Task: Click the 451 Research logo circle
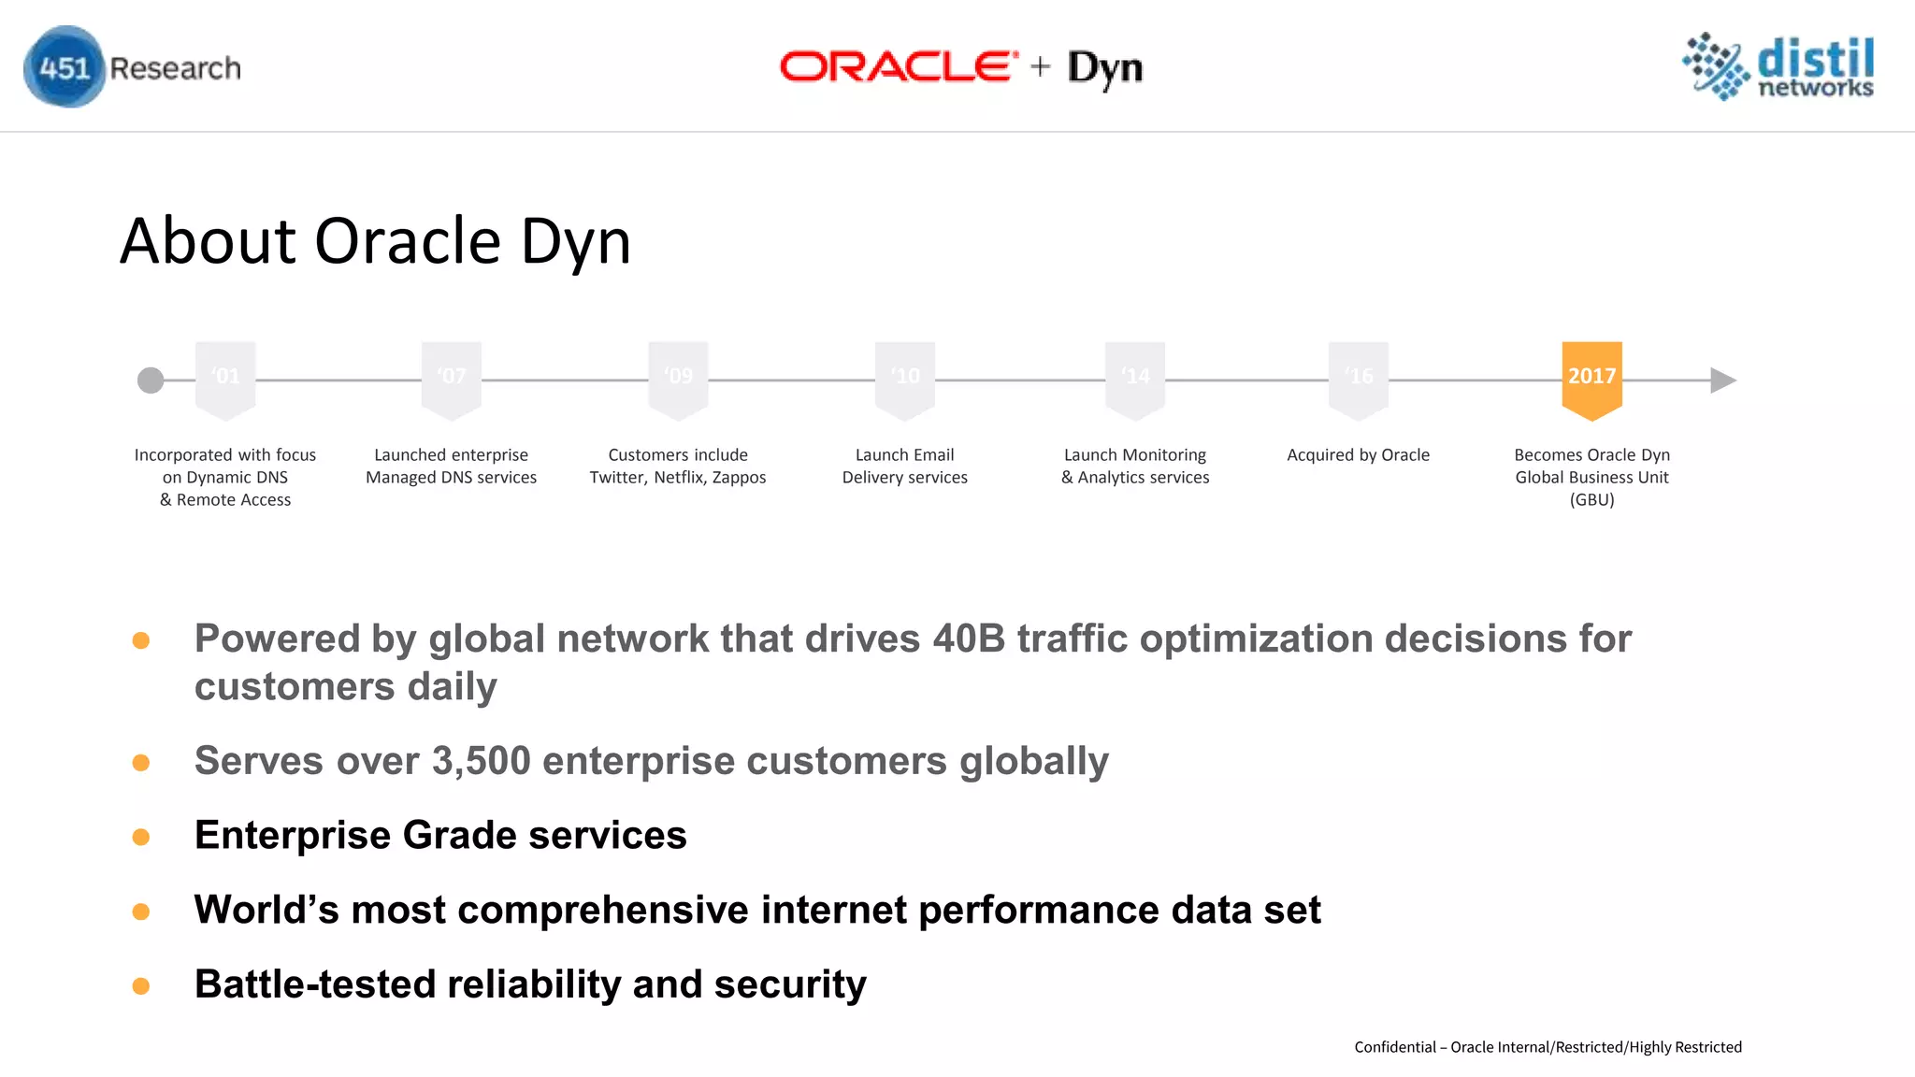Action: point(64,67)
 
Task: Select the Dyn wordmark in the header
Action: point(1105,68)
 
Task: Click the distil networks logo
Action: point(1778,66)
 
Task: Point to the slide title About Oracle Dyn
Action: point(375,241)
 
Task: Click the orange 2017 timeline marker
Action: point(1591,378)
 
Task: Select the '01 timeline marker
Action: point(225,378)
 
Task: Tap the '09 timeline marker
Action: point(678,378)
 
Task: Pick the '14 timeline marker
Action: point(1135,378)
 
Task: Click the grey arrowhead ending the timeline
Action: point(1721,381)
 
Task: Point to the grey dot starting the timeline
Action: point(151,381)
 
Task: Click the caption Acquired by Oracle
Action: point(1358,455)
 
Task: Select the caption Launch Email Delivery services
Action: point(904,467)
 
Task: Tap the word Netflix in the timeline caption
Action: point(679,478)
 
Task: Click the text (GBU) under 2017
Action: point(1591,500)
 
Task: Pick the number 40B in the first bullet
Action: point(968,639)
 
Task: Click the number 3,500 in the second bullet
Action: point(481,761)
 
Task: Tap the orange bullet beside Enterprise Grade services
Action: point(141,837)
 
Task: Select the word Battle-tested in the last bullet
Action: point(314,984)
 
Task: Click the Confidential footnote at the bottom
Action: point(1548,1047)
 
